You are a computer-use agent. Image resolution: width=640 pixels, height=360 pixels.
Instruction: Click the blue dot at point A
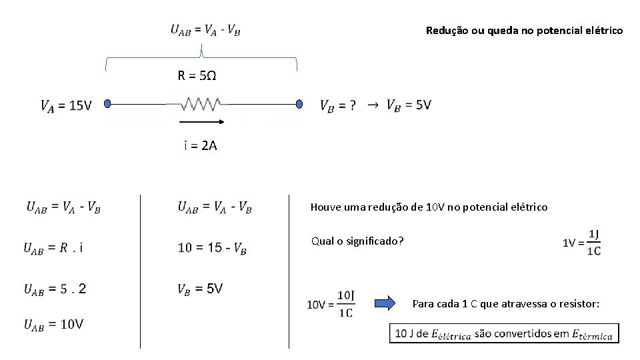pyautogui.click(x=107, y=104)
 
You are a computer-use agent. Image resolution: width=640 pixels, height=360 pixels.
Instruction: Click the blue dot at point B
pyautogui.click(x=299, y=104)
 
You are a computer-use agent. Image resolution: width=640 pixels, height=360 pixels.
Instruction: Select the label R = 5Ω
pyautogui.click(x=197, y=76)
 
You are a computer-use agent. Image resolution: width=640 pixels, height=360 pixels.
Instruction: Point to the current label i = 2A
pyautogui.click(x=200, y=145)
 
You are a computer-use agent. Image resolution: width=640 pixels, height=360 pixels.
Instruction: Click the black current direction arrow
pyautogui.click(x=202, y=123)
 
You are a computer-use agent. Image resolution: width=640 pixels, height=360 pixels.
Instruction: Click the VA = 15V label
pyautogui.click(x=65, y=105)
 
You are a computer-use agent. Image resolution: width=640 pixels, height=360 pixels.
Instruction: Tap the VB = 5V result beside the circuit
pyautogui.click(x=409, y=105)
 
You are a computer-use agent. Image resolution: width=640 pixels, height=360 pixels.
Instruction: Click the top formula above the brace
pyautogui.click(x=205, y=29)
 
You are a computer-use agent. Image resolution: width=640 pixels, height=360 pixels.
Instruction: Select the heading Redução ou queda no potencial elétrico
pyautogui.click(x=524, y=31)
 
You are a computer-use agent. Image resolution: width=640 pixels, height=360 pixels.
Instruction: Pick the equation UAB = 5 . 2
pyautogui.click(x=55, y=289)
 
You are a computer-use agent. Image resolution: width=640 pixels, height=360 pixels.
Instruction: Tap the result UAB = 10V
pyautogui.click(x=54, y=325)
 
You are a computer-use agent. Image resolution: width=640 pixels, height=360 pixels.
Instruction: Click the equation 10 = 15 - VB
pyautogui.click(x=212, y=249)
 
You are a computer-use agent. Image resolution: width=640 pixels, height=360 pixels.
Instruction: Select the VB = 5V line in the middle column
pyautogui.click(x=200, y=289)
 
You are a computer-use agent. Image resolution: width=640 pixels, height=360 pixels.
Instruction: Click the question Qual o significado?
pyautogui.click(x=357, y=241)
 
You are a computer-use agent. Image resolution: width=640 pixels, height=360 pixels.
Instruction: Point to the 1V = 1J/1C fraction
pyautogui.click(x=583, y=243)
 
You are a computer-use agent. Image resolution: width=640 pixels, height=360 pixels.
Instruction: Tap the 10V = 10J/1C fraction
pyautogui.click(x=331, y=304)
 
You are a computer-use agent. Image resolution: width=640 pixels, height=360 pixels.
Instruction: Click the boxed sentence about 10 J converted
pyautogui.click(x=504, y=333)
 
